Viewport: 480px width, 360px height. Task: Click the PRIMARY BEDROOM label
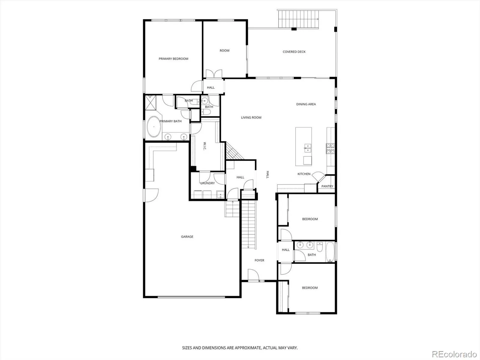point(173,58)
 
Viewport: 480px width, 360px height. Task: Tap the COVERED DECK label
point(294,52)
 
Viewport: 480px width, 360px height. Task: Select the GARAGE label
point(187,236)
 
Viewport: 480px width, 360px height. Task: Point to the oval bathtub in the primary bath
point(154,127)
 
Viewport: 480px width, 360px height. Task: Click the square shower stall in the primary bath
point(151,103)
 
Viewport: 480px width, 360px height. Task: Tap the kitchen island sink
point(308,148)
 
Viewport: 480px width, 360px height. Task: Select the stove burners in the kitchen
point(330,148)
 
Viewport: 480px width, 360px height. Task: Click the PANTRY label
point(327,186)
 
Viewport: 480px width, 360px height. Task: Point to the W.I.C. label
point(205,146)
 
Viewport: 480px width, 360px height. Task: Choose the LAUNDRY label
point(208,183)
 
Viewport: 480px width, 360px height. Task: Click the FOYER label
point(259,260)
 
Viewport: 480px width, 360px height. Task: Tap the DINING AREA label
point(306,104)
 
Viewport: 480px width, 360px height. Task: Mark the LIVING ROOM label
point(251,118)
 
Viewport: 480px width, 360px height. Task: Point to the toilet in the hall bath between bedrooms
point(320,246)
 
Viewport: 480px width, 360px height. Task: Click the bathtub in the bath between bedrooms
point(330,252)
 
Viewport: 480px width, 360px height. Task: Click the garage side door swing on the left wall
point(151,195)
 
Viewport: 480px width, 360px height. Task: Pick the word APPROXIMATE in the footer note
point(248,348)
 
